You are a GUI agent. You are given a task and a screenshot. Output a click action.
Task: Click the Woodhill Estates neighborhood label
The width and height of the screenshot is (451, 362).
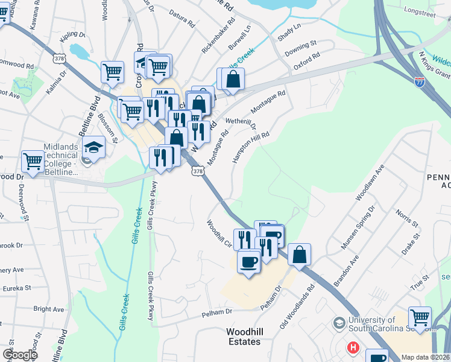point(244,337)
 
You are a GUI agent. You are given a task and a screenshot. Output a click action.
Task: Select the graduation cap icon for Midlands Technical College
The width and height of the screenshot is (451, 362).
point(94,147)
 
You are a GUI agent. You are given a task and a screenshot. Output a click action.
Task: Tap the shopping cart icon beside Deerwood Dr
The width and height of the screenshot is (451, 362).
point(33,161)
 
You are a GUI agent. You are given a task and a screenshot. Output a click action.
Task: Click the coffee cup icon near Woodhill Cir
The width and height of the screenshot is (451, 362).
point(248,261)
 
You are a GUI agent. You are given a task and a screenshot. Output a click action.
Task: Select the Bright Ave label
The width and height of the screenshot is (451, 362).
point(49,309)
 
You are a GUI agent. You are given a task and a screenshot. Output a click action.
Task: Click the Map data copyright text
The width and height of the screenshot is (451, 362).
point(425,357)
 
